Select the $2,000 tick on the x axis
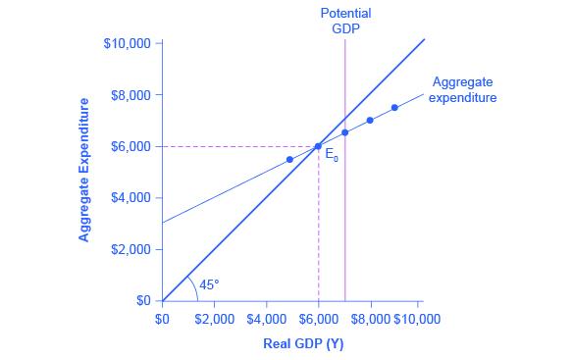coord(215,319)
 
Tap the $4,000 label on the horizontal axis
coord(267,319)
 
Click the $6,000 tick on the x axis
coord(318,319)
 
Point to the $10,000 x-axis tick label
coord(419,319)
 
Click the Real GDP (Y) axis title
coord(303,344)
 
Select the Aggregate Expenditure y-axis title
coord(85,169)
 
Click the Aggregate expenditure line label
coord(463,90)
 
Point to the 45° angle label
coord(210,285)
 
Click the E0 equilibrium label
coord(332,154)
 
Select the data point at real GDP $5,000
coord(289,159)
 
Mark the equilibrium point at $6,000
coord(318,146)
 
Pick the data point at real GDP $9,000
coord(394,107)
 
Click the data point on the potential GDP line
coord(344,132)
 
